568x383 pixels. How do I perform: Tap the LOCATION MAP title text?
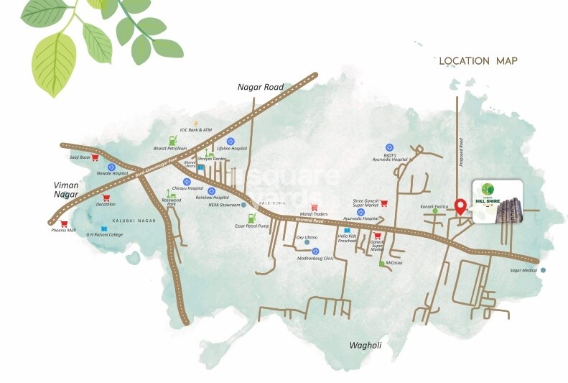(478, 61)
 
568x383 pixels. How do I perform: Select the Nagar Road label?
(261, 87)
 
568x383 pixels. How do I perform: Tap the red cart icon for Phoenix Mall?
(64, 223)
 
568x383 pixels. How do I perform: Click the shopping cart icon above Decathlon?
(106, 198)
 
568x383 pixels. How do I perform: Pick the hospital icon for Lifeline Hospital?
(231, 141)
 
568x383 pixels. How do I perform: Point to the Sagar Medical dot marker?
(543, 270)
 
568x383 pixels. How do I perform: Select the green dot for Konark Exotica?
(434, 213)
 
